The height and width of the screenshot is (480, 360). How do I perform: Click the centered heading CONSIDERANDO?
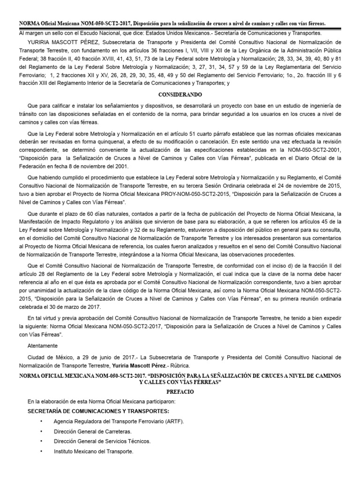[180, 94]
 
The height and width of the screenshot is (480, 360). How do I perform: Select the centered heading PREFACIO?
[180, 390]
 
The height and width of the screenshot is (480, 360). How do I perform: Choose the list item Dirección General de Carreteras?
[92, 431]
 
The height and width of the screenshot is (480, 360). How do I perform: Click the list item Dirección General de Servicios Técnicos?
[102, 441]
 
